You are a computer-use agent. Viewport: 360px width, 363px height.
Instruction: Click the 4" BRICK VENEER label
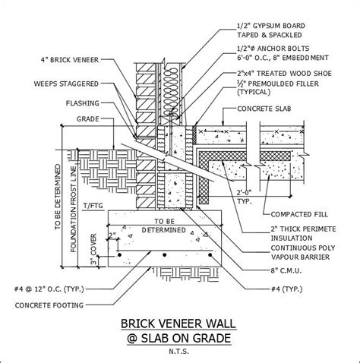(x=70, y=60)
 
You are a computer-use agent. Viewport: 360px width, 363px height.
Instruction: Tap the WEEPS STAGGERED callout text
(x=66, y=84)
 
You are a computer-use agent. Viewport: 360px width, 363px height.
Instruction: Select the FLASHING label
(x=82, y=103)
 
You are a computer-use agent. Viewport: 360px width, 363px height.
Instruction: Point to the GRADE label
(x=87, y=119)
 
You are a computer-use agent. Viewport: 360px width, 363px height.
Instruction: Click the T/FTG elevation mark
(x=93, y=206)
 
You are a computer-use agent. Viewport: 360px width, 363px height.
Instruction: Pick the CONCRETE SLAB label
(x=264, y=109)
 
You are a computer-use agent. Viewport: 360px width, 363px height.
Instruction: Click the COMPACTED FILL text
(x=299, y=214)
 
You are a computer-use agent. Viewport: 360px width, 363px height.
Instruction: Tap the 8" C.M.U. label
(x=286, y=270)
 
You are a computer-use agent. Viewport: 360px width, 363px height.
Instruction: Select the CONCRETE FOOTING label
(x=49, y=305)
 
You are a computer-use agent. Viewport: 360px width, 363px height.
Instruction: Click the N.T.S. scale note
(x=179, y=352)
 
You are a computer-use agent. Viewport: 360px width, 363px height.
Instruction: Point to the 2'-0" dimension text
(x=244, y=193)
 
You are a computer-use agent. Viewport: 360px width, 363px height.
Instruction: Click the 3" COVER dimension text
(x=93, y=249)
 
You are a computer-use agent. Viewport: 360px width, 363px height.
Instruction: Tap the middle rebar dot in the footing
(x=165, y=254)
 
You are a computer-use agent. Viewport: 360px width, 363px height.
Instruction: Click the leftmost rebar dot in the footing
(x=119, y=254)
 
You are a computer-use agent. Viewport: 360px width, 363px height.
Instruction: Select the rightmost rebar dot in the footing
(x=210, y=254)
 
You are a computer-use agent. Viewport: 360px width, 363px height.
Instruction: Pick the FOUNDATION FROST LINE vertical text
(x=74, y=209)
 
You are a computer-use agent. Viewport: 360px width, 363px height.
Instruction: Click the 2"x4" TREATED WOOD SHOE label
(x=284, y=74)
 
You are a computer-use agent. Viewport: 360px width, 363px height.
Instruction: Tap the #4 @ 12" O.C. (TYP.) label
(x=49, y=289)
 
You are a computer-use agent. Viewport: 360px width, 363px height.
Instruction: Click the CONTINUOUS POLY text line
(x=303, y=248)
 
